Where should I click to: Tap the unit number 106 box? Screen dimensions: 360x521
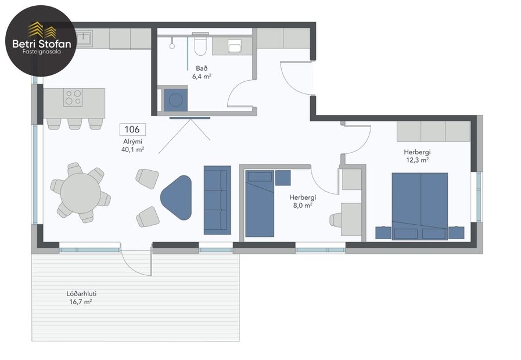(132, 129)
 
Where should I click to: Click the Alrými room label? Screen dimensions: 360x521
(132, 141)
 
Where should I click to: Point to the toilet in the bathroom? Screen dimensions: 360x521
(201, 45)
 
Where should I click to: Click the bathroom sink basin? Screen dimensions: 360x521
(235, 46)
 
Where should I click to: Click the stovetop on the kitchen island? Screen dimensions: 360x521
(73, 97)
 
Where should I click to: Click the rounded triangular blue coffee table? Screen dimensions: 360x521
(177, 197)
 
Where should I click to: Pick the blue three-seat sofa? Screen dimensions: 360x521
(217, 200)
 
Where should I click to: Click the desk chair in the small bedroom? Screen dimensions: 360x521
(336, 219)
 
